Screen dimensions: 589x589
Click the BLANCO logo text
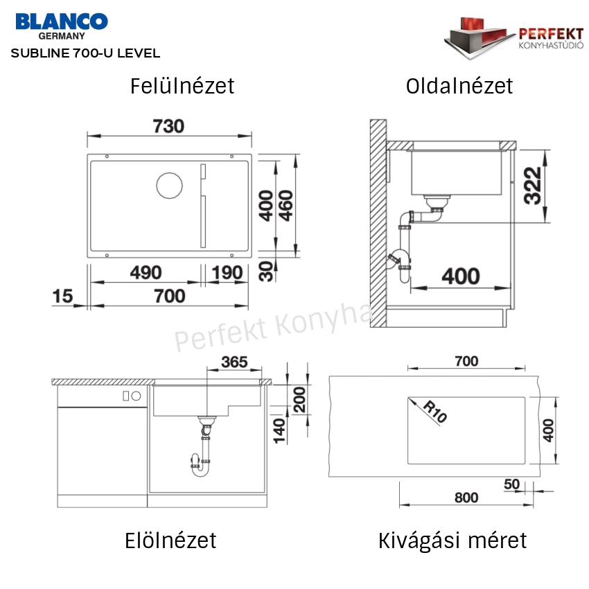pos(62,21)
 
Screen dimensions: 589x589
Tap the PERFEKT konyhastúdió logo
pos(513,38)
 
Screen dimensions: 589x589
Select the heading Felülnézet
pos(182,86)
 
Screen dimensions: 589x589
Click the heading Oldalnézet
pos(459,86)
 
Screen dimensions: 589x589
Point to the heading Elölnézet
pos(170,540)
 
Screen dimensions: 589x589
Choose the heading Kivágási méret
pos(452,541)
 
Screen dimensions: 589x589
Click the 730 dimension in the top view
pos(168,126)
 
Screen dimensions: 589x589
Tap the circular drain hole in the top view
pos(169,186)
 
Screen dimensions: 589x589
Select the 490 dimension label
pos(146,272)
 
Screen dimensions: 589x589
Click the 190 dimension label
pos(227,272)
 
